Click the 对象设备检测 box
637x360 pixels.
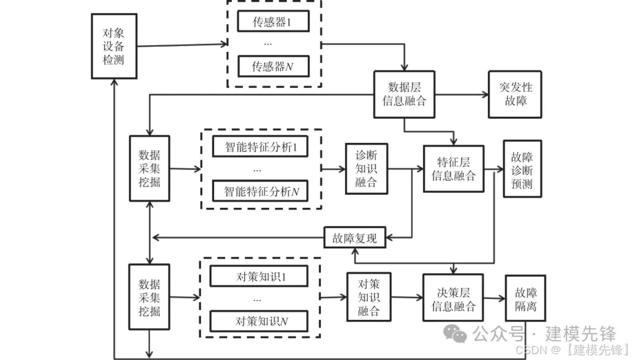pyautogui.click(x=114, y=47)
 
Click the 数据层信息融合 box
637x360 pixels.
pyautogui.click(x=404, y=93)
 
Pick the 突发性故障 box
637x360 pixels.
pyautogui.click(x=514, y=93)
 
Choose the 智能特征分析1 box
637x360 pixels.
pyautogui.click(x=261, y=147)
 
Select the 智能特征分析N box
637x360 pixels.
pyautogui.click(x=261, y=191)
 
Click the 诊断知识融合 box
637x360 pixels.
pyautogui.click(x=366, y=168)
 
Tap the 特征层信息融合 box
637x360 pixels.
pyautogui.click(x=453, y=168)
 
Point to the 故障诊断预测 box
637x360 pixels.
pyautogui.click(x=521, y=168)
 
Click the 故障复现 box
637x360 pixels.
pyautogui.click(x=354, y=238)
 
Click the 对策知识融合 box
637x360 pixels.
pyautogui.click(x=369, y=297)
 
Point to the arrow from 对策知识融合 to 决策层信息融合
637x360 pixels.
pyautogui.click(x=406, y=298)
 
